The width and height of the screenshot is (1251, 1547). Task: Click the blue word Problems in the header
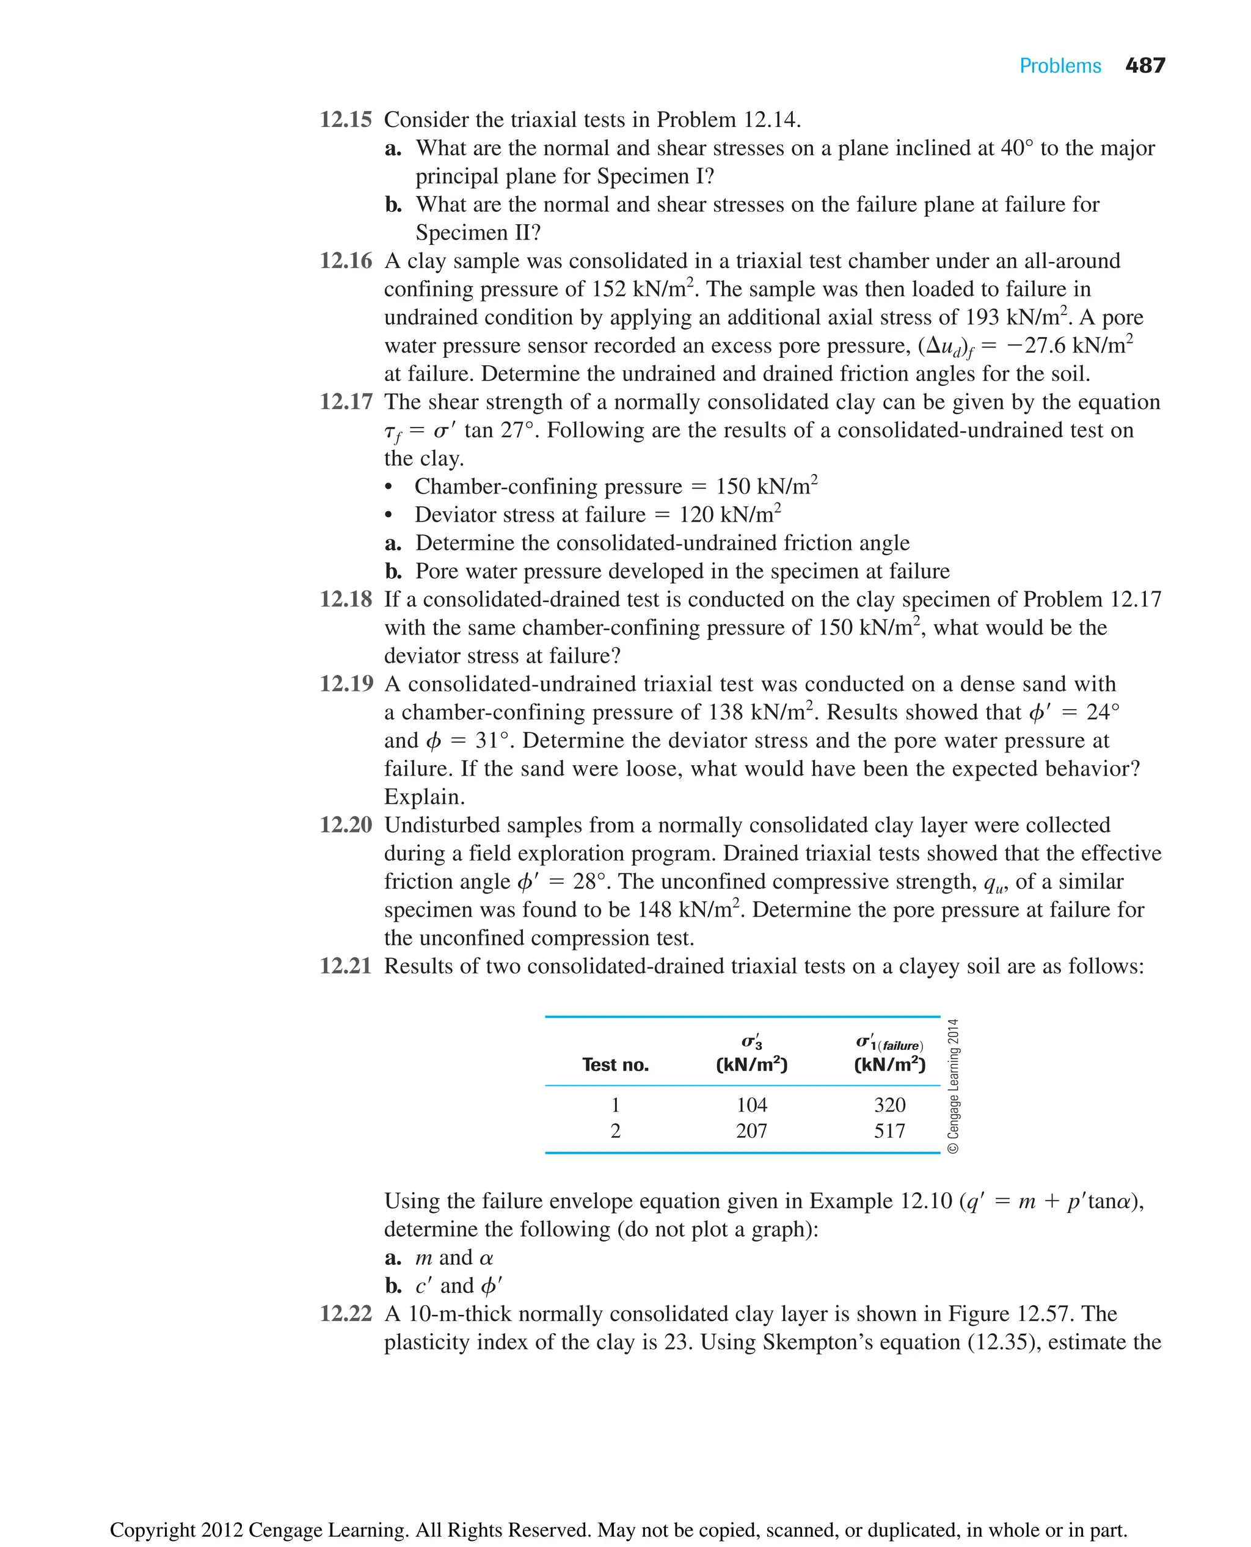pos(1060,67)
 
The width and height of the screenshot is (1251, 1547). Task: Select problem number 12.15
pos(346,120)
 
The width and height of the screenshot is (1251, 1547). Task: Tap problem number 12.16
pos(346,261)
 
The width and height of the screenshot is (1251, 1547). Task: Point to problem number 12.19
pos(346,684)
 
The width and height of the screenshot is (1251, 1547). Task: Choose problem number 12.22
pos(346,1314)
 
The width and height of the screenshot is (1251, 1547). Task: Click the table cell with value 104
pos(751,1105)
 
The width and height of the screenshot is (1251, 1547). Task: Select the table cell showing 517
pos(889,1130)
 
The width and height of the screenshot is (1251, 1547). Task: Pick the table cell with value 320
pos(889,1105)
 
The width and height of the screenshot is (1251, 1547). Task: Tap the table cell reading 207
pos(751,1130)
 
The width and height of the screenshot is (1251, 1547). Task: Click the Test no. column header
pos(615,1065)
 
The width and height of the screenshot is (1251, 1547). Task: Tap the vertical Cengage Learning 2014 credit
pos(954,1085)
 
